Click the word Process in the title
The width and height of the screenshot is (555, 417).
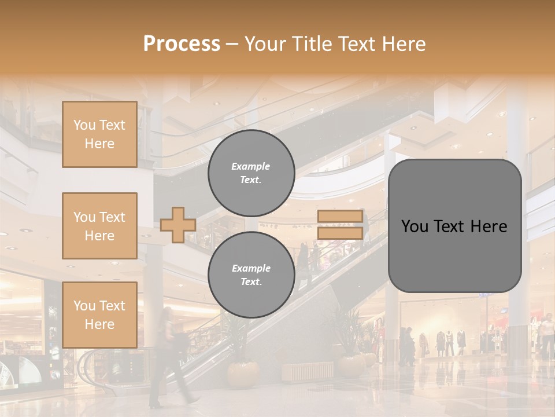tap(182, 44)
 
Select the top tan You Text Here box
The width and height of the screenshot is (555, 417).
tap(99, 134)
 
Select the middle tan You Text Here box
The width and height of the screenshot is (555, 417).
tap(99, 226)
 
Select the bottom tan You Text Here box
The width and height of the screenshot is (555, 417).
tap(99, 314)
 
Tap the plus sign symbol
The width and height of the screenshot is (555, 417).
tap(178, 225)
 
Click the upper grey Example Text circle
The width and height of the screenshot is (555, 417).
tap(251, 173)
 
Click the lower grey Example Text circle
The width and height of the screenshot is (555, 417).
tap(251, 275)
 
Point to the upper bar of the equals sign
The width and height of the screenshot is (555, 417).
tap(340, 217)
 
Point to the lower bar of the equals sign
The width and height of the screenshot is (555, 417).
tap(340, 233)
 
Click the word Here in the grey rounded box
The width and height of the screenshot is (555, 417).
tap(489, 226)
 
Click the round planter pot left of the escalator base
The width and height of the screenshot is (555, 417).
tap(243, 374)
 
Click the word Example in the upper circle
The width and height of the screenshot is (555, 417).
tap(251, 166)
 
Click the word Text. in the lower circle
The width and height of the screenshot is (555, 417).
tap(251, 281)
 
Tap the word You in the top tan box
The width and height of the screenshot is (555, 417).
tap(84, 125)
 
